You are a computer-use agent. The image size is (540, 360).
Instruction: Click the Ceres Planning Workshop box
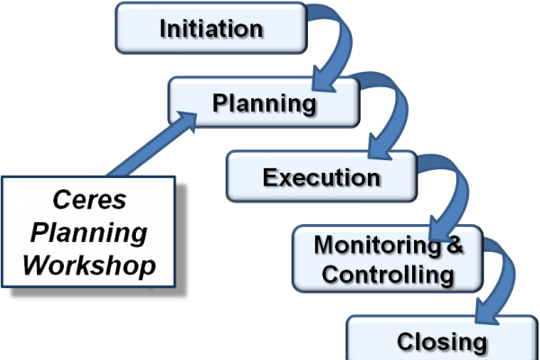coord(88,232)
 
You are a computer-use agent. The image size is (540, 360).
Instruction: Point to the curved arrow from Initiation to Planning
coord(328,49)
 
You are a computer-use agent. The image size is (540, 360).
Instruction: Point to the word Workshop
coord(88,266)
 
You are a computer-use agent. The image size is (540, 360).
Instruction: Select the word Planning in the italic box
coord(88,232)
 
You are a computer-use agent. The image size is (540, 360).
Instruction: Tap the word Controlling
coord(388,274)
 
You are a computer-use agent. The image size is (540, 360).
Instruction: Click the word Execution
coord(321,176)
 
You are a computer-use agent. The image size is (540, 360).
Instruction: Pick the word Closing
coord(441,342)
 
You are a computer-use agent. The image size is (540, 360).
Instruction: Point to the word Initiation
coord(211,29)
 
